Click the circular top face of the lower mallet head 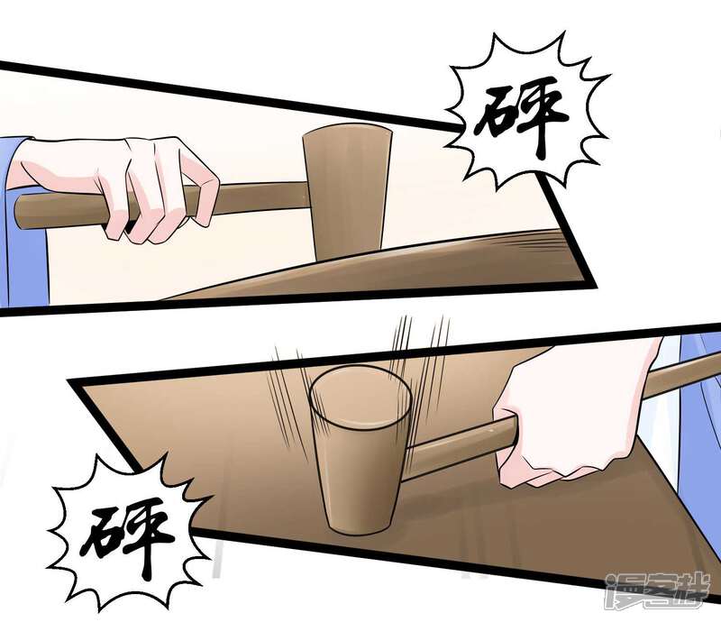[360, 396]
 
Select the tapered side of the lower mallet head [360, 479]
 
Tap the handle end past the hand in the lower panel [680, 372]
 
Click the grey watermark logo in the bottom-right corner [658, 591]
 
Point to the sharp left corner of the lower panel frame [69, 382]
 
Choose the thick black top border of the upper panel [230, 94]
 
